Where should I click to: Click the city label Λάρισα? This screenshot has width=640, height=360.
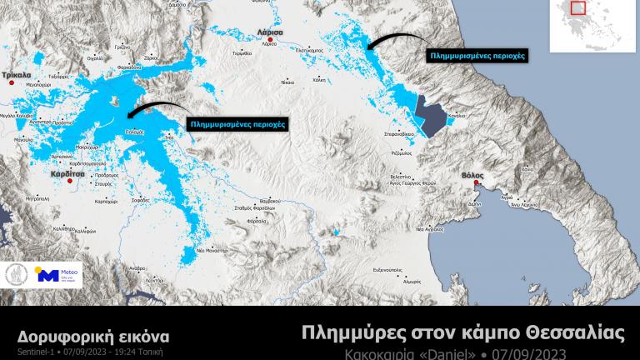[x=271, y=31]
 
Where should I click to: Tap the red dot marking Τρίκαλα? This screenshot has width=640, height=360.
[x=12, y=84]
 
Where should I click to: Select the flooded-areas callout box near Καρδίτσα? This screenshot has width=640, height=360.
[x=237, y=123]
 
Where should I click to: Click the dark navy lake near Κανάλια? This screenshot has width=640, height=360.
[x=434, y=116]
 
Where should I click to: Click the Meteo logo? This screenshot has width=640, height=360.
[x=57, y=274]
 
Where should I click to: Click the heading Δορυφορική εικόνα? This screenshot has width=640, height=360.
[x=93, y=336]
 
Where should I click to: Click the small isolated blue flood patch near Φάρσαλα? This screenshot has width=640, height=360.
[x=337, y=232]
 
